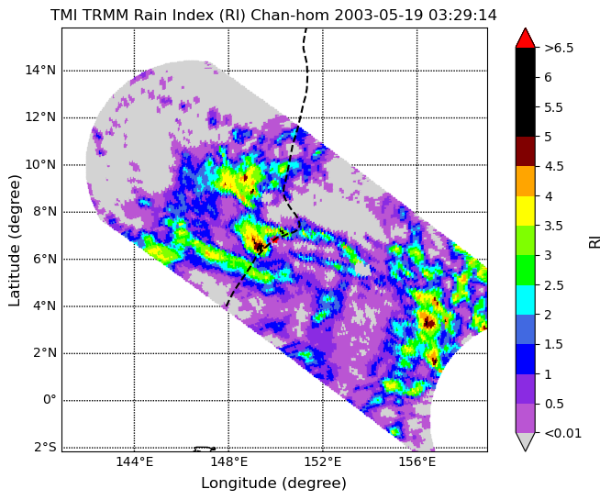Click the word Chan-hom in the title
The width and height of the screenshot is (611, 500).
click(x=290, y=16)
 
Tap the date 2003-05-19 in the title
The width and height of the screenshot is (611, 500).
click(x=380, y=16)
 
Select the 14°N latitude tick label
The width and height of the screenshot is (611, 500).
click(x=40, y=71)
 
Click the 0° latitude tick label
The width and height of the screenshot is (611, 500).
click(x=50, y=400)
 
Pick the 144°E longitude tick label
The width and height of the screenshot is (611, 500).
click(x=135, y=462)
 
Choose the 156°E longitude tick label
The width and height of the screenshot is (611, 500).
click(x=417, y=462)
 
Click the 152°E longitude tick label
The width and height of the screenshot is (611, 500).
click(x=323, y=462)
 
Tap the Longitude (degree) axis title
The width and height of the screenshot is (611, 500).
click(x=273, y=483)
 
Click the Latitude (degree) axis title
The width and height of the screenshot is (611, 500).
click(x=14, y=240)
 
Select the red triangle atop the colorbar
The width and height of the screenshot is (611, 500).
click(x=526, y=39)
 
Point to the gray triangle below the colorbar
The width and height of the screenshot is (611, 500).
click(x=526, y=442)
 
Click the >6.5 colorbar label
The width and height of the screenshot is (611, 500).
click(x=559, y=48)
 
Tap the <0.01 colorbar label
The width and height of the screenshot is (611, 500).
click(x=562, y=433)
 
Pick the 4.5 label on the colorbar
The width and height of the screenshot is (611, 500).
click(x=554, y=166)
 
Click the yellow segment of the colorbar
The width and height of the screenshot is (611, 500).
click(x=526, y=211)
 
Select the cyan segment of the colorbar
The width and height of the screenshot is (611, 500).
click(x=526, y=300)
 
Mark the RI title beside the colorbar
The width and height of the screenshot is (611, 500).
click(x=594, y=240)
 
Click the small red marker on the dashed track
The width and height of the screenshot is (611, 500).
click(x=274, y=239)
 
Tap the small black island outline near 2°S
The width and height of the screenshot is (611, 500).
click(x=205, y=449)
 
